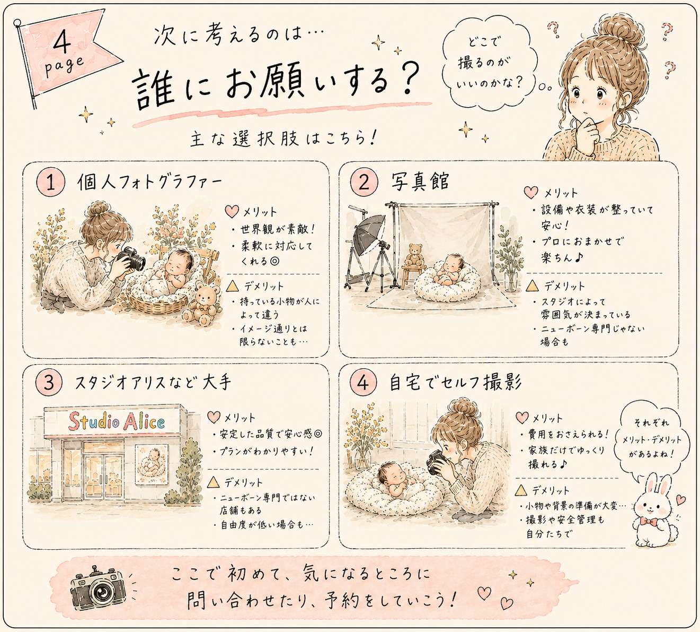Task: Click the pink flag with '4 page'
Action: pyautogui.click(x=66, y=56)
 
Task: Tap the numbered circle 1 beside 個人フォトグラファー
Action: pyautogui.click(x=50, y=183)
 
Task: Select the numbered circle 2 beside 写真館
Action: pyautogui.click(x=364, y=182)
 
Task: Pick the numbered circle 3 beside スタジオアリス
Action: pyautogui.click(x=49, y=382)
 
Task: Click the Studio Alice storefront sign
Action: pyautogui.click(x=116, y=422)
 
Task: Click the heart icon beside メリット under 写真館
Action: pyautogui.click(x=531, y=192)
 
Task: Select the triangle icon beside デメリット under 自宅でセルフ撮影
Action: pyautogui.click(x=521, y=490)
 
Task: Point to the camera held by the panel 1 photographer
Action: pyautogui.click(x=132, y=259)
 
